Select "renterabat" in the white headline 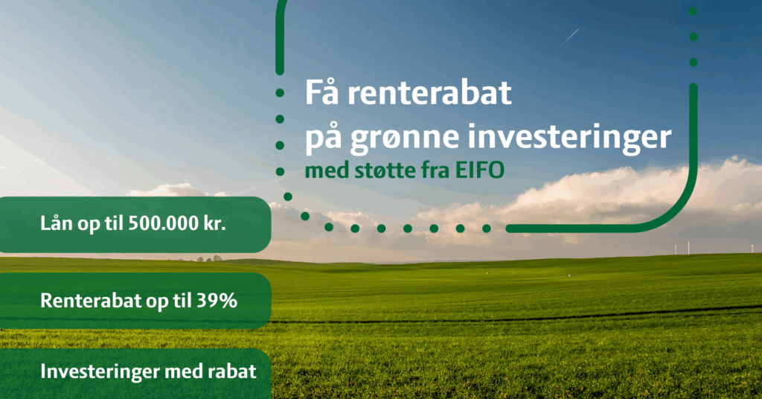point(429,93)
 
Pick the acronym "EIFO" point(480,170)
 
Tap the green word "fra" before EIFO point(435,170)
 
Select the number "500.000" point(164,223)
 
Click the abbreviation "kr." point(215,223)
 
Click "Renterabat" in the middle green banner point(91,301)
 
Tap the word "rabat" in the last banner point(232,371)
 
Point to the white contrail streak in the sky point(569,37)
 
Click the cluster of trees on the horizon point(209,258)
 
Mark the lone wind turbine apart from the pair point(753,247)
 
